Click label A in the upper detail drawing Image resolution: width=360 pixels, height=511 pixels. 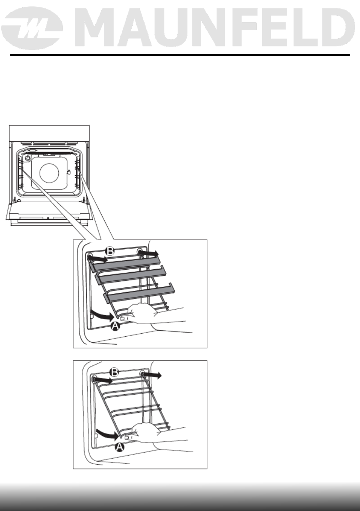115,326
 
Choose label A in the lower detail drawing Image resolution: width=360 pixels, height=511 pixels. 121,447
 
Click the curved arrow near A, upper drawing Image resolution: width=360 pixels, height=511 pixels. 103,316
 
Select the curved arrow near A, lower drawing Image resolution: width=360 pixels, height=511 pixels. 107,433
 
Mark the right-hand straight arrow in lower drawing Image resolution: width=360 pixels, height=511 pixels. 153,375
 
